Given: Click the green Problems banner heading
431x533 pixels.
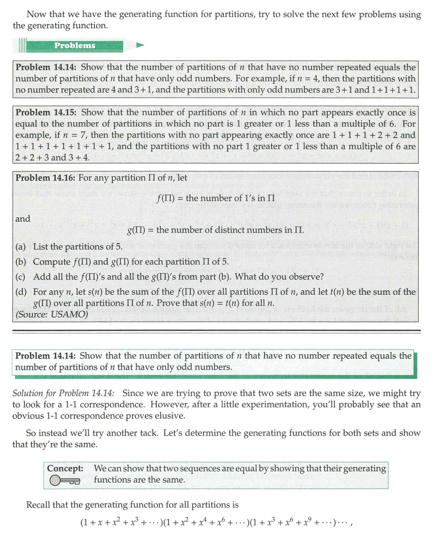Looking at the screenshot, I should point(75,45).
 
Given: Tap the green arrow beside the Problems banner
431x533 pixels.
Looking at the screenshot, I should point(140,45).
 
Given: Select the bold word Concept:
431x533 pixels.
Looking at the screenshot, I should point(65,468).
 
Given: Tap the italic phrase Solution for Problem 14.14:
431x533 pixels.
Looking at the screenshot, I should point(63,393).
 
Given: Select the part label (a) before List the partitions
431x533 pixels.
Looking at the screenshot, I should point(21,247).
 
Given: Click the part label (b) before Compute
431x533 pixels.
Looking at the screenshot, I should point(21,262).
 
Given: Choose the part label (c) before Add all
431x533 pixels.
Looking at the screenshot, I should point(21,276).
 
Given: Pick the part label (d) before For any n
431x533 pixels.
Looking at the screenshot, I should point(21,292).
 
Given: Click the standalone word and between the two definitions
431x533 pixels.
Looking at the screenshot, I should point(23,219).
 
